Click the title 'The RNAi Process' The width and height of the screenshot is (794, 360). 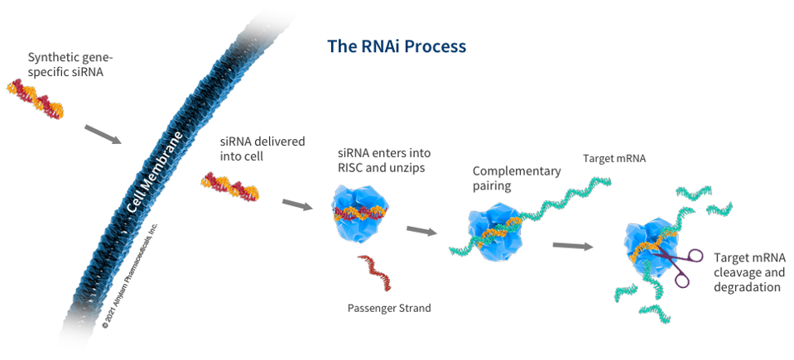pos(397,46)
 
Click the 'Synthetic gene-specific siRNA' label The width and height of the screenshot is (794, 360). pos(70,65)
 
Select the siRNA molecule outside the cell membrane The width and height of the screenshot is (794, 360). pos(35,100)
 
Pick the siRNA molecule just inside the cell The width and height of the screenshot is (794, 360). pos(229,189)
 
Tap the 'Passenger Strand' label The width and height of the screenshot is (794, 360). pos(389,308)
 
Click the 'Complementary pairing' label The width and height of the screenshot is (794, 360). pos(517,179)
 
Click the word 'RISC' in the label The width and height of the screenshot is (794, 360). pos(349,169)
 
